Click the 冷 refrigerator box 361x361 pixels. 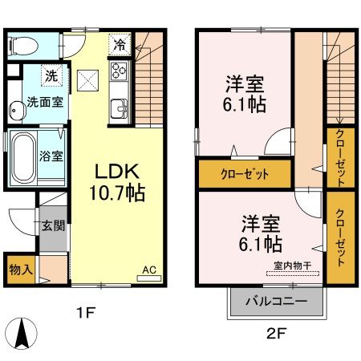tap(120, 45)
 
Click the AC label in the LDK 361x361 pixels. tap(149, 271)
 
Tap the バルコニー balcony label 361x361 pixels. tap(277, 302)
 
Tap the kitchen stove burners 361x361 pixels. tap(120, 71)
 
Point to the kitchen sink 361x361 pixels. tap(119, 105)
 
